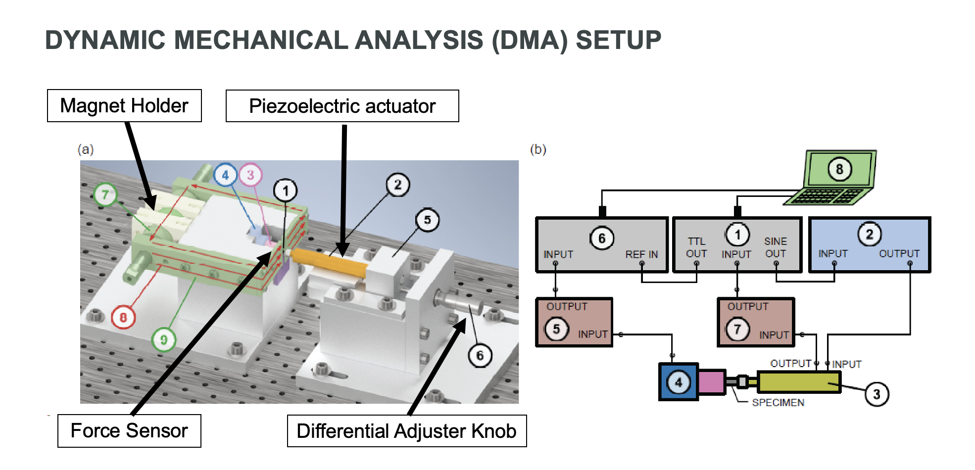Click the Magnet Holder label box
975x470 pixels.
124,106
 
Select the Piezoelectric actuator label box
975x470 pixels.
342,106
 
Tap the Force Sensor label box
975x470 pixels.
129,431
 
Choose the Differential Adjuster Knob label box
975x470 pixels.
406,431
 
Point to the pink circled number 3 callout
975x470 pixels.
250,175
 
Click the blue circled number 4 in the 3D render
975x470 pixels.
225,175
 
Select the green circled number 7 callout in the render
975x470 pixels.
105,195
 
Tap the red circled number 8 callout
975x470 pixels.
123,317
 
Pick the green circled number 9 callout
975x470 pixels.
163,340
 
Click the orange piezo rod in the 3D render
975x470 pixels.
329,262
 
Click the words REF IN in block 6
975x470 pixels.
641,254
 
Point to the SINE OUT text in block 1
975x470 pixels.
776,247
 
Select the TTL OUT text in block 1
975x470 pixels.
696,247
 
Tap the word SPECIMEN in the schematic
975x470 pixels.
778,403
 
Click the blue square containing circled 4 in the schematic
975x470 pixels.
679,382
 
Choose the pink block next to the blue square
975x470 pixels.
712,382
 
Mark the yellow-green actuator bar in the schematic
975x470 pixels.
798,382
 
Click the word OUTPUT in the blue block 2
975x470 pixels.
899,253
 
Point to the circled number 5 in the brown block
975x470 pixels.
556,329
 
